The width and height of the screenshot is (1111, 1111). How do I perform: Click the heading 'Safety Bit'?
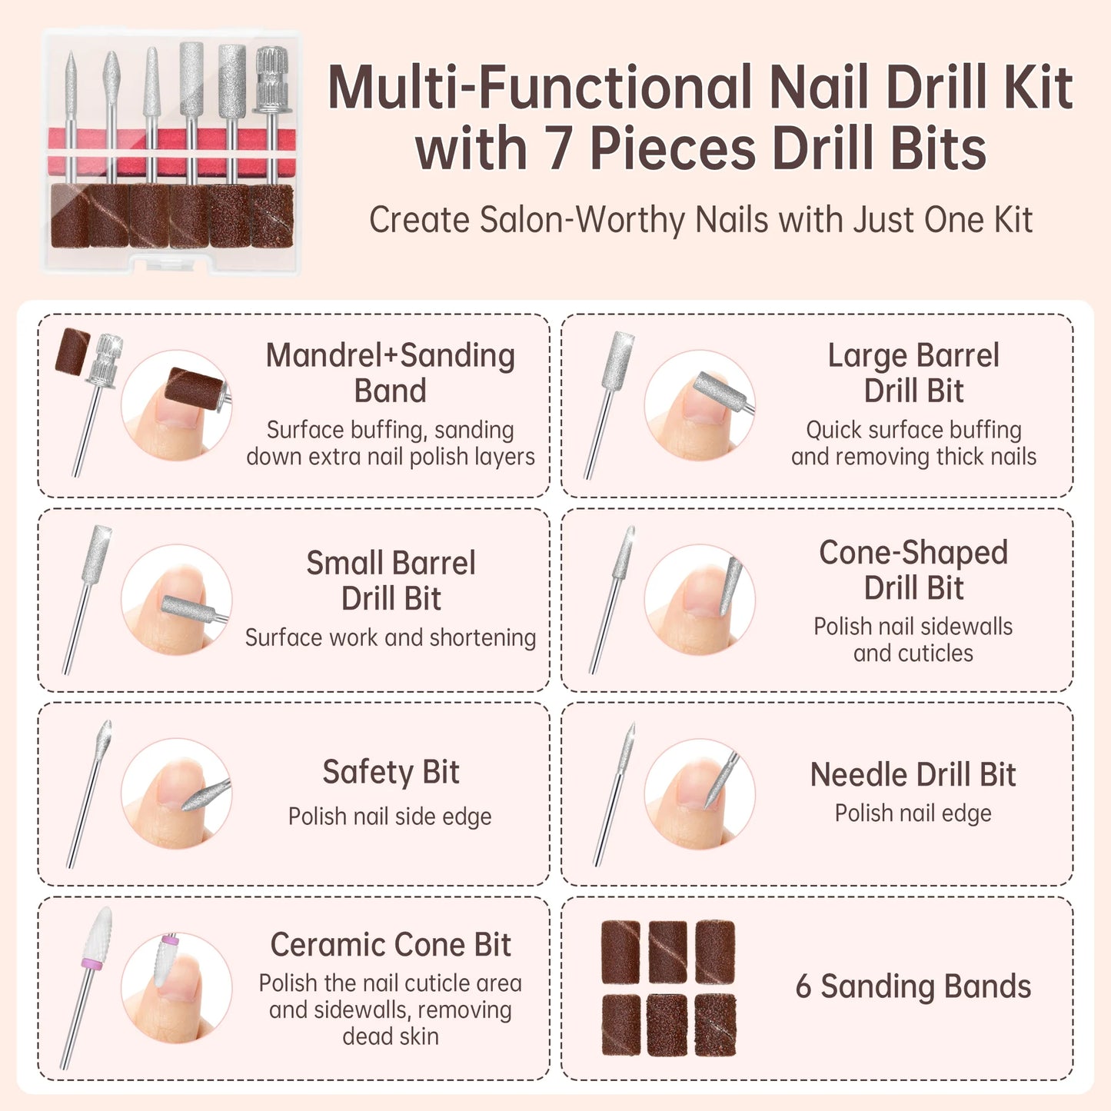(x=391, y=772)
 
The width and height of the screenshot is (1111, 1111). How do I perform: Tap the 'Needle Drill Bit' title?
(x=913, y=774)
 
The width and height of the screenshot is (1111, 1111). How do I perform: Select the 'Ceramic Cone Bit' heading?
(x=391, y=945)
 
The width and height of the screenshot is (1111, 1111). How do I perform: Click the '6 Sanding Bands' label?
(x=913, y=986)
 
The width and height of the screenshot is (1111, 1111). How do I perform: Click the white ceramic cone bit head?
(x=98, y=933)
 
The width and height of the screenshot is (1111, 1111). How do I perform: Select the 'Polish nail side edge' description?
(x=390, y=817)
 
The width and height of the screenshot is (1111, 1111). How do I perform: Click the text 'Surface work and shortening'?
(x=391, y=637)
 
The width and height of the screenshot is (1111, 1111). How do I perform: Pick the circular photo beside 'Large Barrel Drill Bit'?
(x=700, y=404)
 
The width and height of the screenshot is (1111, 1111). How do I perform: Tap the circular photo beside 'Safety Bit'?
(x=176, y=793)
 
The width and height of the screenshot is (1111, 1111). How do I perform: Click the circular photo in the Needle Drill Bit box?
(x=700, y=793)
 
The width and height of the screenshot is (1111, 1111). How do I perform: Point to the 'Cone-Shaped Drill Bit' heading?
(x=913, y=570)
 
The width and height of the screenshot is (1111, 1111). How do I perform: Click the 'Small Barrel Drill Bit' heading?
(x=391, y=580)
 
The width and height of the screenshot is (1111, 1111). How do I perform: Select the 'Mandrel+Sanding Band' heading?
(x=391, y=373)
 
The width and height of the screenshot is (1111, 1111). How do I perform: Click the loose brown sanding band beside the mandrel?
(x=73, y=351)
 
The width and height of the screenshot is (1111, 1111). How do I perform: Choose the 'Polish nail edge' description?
(x=913, y=813)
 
